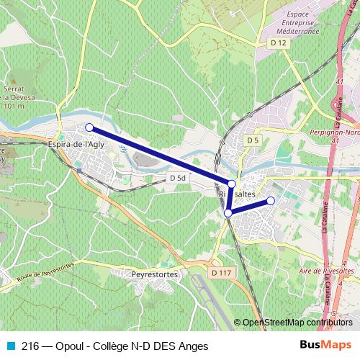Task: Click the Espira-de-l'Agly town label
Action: [78, 143]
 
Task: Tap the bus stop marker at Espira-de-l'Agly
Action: [89, 127]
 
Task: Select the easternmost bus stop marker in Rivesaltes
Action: [271, 200]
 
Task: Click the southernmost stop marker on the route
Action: [228, 213]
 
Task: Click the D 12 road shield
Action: [279, 44]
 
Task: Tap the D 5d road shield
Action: [177, 177]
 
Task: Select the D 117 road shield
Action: [222, 273]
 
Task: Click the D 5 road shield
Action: [251, 140]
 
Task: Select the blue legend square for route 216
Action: [10, 346]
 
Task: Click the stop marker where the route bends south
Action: [231, 184]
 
